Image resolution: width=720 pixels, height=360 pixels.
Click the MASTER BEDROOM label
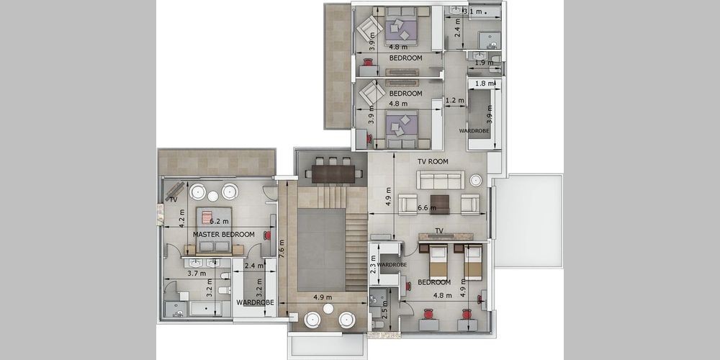pyautogui.click(x=224, y=234)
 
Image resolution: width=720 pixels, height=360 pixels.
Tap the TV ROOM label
pyautogui.click(x=433, y=161)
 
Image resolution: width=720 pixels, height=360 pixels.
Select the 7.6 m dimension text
pyautogui.click(x=282, y=249)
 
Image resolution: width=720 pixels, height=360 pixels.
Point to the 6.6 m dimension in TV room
pyautogui.click(x=426, y=208)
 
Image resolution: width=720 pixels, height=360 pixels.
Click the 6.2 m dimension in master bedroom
pyautogui.click(x=219, y=221)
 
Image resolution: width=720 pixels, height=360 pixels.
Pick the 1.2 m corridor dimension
pyautogui.click(x=454, y=100)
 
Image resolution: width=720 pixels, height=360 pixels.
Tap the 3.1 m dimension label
pyautogui.click(x=473, y=12)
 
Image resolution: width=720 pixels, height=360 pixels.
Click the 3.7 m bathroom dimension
pyautogui.click(x=197, y=273)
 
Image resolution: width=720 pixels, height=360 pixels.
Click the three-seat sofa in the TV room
pyautogui.click(x=441, y=180)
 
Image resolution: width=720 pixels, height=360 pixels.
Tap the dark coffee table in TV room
pyautogui.click(x=441, y=204)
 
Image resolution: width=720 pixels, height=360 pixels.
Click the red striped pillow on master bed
pyautogui.click(x=207, y=217)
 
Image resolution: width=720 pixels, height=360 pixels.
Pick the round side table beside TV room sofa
pyautogui.click(x=476, y=180)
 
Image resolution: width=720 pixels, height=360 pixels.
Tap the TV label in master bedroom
pyautogui.click(x=174, y=199)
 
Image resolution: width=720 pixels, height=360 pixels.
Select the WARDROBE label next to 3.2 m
pyautogui.click(x=256, y=302)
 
